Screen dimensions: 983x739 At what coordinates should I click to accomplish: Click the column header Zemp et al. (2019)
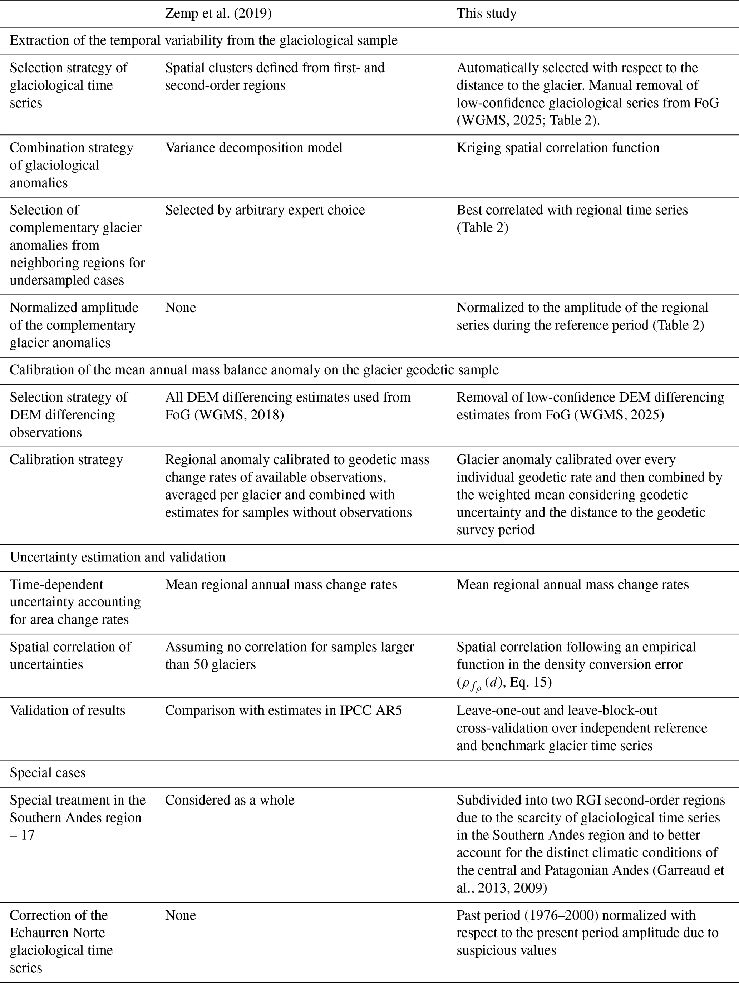[x=218, y=13]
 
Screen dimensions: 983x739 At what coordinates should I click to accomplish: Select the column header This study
[x=486, y=13]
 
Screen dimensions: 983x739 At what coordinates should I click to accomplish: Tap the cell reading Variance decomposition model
[x=254, y=148]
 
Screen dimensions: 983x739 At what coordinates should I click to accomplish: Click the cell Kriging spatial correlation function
[x=558, y=148]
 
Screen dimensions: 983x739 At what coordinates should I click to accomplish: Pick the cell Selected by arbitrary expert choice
[x=265, y=210]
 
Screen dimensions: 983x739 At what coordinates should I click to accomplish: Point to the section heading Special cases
[x=48, y=773]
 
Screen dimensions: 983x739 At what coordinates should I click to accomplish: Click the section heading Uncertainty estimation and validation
[x=118, y=557]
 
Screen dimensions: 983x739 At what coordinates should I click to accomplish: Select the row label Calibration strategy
[x=66, y=459]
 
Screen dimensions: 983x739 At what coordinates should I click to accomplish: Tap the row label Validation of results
[x=68, y=710]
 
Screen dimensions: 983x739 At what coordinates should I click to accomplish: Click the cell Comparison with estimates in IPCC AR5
[x=283, y=710]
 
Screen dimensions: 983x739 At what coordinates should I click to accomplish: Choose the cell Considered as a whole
[x=230, y=800]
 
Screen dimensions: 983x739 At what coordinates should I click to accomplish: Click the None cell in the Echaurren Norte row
[x=181, y=915]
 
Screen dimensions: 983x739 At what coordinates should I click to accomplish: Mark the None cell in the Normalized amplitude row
[x=181, y=308]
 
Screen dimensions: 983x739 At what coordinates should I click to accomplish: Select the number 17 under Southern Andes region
[x=28, y=835]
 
